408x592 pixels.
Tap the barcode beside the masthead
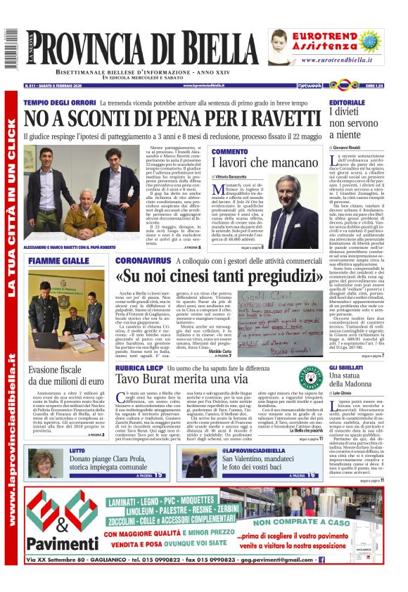pyautogui.click(x=9, y=49)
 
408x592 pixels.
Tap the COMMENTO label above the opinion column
pyautogui.click(x=230, y=151)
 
